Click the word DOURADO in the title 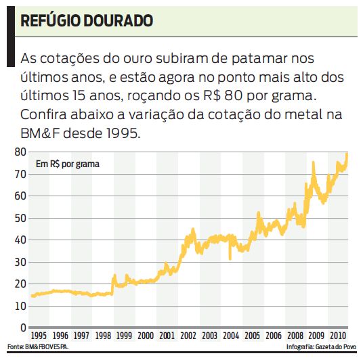pos(117,20)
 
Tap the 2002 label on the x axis pos(188,336)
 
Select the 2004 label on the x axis pos(230,336)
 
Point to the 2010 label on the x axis pos(336,336)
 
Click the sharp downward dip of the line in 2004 pos(230,258)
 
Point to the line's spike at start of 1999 pos(114,275)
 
